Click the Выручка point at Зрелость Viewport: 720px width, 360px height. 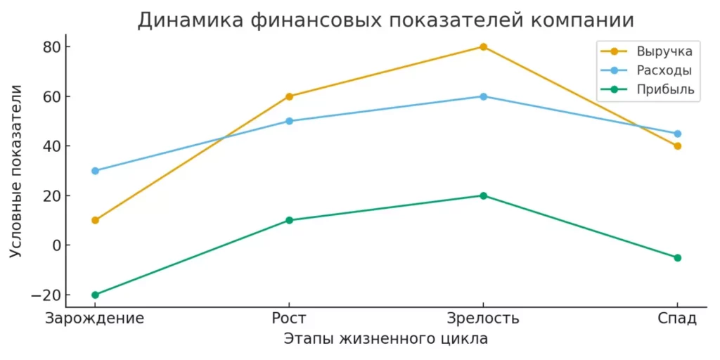[x=483, y=47]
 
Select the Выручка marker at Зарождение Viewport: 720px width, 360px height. [x=95, y=220]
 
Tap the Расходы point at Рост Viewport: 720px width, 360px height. [x=289, y=121]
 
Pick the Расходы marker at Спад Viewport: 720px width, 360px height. [x=677, y=134]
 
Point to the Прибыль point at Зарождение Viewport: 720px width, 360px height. [x=95, y=295]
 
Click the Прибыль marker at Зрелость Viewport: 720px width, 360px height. [x=483, y=195]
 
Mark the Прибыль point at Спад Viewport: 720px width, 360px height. [x=677, y=257]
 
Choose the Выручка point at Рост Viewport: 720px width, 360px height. [x=289, y=96]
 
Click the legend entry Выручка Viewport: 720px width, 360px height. [x=664, y=51]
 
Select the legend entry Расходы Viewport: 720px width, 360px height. [x=664, y=70]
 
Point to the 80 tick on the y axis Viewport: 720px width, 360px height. [x=52, y=47]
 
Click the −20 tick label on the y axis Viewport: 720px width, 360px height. [x=48, y=295]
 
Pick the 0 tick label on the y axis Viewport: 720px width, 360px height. [x=56, y=245]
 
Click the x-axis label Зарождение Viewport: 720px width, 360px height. [x=95, y=318]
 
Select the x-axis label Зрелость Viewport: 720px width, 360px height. [x=483, y=318]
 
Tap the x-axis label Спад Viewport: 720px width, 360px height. [x=677, y=318]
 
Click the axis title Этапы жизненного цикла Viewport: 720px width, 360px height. [x=385, y=339]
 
